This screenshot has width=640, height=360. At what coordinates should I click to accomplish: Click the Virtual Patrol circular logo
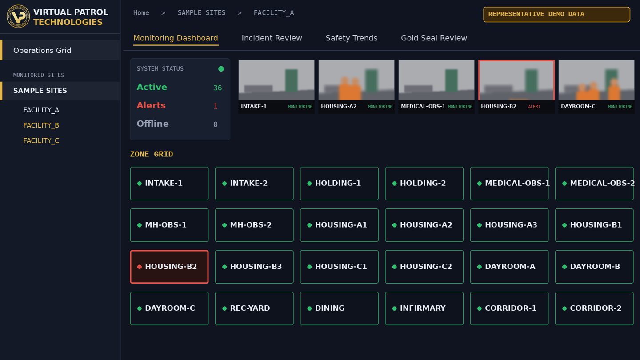coord(18,16)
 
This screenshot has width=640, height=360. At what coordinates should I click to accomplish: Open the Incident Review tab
coord(272,38)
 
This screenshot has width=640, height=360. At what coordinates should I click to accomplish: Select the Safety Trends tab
coord(352,38)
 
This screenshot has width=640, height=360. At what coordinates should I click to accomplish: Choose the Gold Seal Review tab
coord(434,38)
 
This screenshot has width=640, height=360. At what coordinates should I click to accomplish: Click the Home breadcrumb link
coord(141,13)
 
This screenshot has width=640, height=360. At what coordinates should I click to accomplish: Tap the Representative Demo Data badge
coord(556,14)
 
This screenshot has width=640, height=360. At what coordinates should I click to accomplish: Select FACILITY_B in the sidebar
coord(41,125)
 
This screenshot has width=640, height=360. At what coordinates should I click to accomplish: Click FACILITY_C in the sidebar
coord(41,140)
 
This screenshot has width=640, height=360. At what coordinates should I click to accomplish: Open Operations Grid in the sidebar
coord(42,50)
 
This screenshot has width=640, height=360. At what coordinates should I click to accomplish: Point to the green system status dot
coord(221,69)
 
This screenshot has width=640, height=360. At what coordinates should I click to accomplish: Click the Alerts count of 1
coord(216,106)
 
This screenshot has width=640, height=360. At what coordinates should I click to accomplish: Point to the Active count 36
coord(217,88)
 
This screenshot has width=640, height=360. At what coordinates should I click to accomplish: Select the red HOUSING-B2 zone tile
coord(169,267)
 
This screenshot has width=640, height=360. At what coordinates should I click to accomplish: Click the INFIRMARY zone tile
coord(424,308)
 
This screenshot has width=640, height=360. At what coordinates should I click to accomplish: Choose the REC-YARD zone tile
coord(254,308)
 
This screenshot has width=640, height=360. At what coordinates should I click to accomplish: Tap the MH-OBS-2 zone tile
coord(254,225)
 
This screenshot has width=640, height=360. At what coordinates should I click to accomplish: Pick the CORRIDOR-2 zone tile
coord(594,308)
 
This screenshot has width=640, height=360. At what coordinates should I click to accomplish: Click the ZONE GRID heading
coord(152,154)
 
